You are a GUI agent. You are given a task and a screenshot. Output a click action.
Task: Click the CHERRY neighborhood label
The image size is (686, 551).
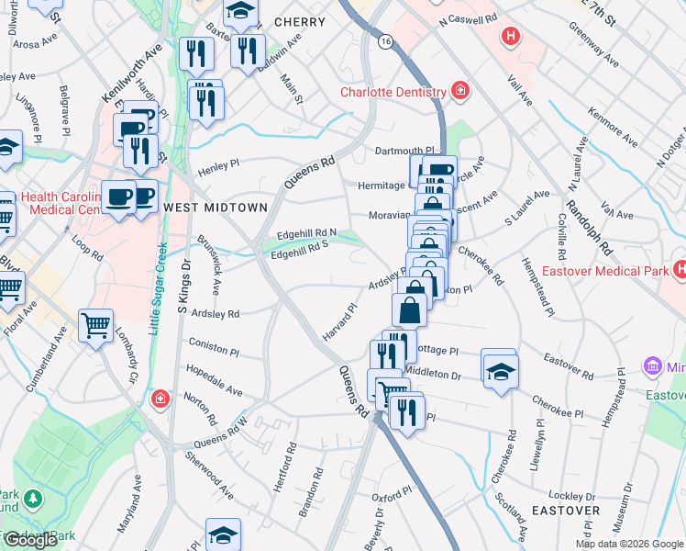click(299, 22)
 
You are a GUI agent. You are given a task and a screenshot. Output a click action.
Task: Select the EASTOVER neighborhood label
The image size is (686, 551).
click(566, 510)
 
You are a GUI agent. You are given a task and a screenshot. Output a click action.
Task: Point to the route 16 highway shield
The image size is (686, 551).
click(385, 41)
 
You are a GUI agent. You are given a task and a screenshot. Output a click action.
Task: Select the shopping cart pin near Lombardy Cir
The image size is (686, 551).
click(95, 325)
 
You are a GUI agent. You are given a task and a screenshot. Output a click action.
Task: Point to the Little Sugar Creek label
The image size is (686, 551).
click(156, 289)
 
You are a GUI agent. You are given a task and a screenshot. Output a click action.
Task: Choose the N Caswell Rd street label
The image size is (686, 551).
click(468, 18)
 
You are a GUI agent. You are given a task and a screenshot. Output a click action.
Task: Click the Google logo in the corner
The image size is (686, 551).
click(30, 540)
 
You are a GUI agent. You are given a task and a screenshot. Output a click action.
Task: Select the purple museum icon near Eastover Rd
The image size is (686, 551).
click(652, 366)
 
